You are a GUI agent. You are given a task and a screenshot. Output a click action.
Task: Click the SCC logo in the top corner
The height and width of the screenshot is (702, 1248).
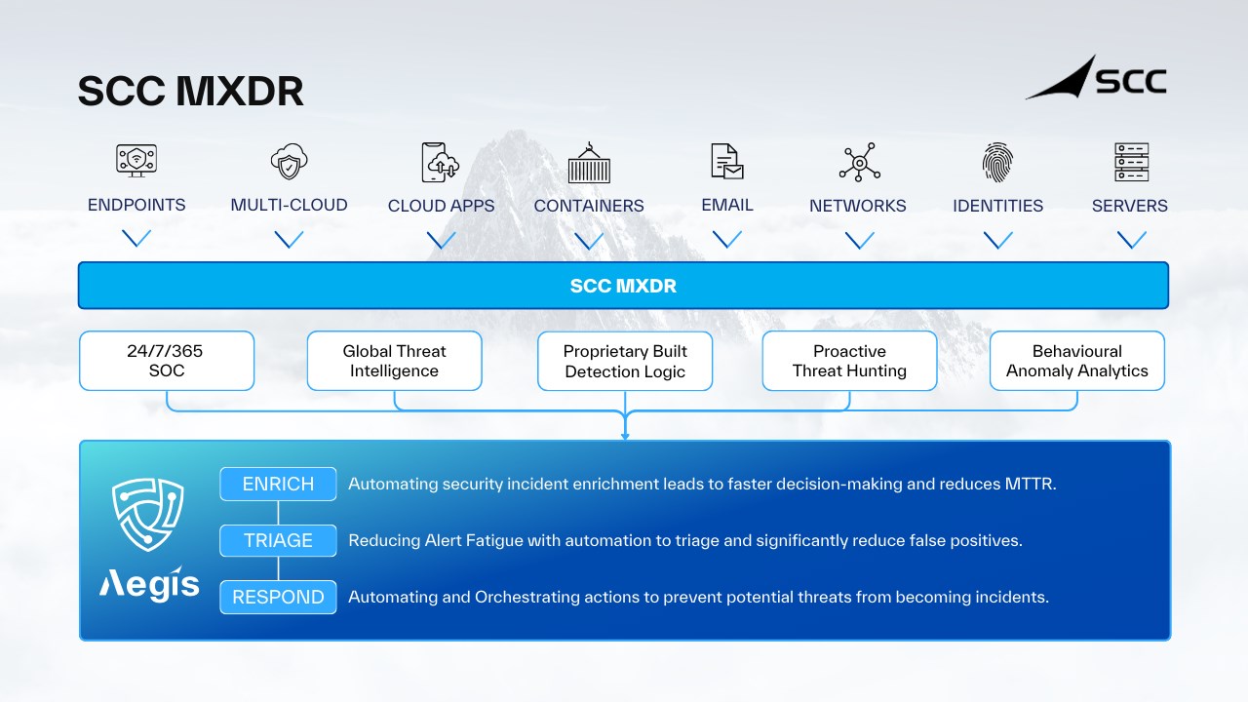(x=1096, y=78)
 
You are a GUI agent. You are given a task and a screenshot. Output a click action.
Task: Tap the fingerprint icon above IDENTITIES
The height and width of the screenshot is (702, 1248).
(x=997, y=162)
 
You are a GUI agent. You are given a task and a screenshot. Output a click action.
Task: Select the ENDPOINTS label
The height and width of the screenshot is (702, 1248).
(x=136, y=205)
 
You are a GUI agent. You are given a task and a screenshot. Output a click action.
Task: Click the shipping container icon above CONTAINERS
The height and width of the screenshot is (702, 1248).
(x=589, y=164)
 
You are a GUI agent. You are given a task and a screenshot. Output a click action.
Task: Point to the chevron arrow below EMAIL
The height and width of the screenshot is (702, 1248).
(x=727, y=239)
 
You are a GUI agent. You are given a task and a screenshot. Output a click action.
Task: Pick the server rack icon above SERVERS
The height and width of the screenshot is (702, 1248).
(x=1131, y=162)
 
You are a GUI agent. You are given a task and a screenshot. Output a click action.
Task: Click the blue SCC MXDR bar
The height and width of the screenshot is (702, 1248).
(x=623, y=286)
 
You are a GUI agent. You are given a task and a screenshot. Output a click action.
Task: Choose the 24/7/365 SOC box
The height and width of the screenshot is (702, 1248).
(x=167, y=361)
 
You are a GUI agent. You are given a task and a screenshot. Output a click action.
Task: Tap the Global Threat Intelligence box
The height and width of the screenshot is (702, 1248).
(x=394, y=361)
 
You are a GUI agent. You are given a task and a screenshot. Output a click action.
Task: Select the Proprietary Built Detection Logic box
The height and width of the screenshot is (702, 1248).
(x=625, y=361)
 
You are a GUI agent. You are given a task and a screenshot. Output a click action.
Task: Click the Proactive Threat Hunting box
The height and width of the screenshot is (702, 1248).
(x=849, y=361)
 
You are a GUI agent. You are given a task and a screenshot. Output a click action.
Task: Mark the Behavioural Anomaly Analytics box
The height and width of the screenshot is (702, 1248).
(x=1076, y=361)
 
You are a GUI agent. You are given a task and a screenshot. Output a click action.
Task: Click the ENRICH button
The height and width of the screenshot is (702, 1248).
(x=278, y=484)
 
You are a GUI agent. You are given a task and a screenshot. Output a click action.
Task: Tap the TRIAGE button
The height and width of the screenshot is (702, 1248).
(x=278, y=540)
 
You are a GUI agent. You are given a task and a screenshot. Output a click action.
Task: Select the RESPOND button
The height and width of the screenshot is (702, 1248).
(x=278, y=597)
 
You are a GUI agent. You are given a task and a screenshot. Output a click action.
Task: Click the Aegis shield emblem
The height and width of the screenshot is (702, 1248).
(x=149, y=514)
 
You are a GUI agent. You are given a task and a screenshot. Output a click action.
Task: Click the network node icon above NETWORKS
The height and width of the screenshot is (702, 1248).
(x=859, y=163)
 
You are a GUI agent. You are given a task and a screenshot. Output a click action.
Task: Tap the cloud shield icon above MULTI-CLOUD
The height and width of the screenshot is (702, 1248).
(x=290, y=162)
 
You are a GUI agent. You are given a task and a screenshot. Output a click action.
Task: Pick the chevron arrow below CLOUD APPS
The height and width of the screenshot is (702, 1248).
(x=442, y=240)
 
